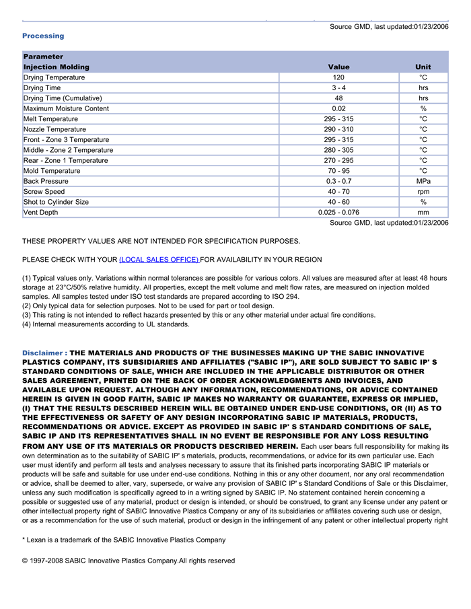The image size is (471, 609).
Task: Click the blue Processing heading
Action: [x=43, y=36]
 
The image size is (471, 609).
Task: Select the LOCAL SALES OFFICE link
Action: [x=159, y=260]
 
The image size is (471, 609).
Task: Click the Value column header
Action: [x=338, y=67]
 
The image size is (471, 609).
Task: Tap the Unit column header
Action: [x=423, y=67]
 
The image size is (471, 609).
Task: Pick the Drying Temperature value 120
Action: [x=338, y=77]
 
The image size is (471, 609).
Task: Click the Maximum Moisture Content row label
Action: [x=66, y=108]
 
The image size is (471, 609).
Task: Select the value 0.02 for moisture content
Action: [x=338, y=108]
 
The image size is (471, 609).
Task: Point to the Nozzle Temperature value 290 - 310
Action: [x=338, y=129]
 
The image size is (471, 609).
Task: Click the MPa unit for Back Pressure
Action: [x=423, y=181]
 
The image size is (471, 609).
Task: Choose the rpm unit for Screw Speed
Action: [x=423, y=192]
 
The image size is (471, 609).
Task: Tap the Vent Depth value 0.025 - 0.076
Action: [x=338, y=213]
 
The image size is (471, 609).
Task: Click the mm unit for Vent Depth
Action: [x=423, y=213]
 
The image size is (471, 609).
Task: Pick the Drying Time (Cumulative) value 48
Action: [x=338, y=98]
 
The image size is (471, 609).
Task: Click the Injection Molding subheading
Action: [x=56, y=67]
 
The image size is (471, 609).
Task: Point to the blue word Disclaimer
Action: [x=44, y=353]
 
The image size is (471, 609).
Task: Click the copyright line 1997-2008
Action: [x=129, y=561]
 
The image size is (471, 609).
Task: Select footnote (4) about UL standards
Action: [x=106, y=324]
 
